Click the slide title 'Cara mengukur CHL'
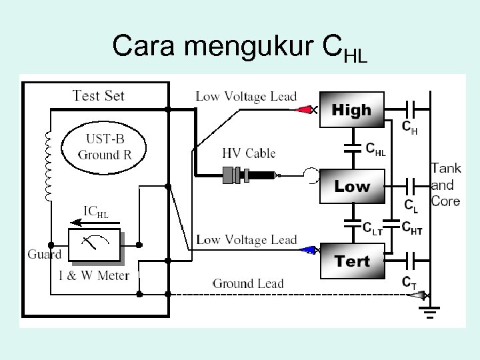pos(240,47)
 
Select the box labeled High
pos(351,110)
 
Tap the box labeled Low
pos(352,186)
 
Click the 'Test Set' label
pos(98,95)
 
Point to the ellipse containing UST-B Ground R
pos(104,147)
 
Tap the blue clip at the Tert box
pos(308,251)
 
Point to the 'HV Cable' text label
pos(248,153)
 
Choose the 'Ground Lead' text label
pos(248,283)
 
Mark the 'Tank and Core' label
pos(446,185)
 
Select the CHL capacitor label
pos(375,149)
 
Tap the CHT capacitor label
pos(411,227)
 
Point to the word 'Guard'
pos(45,254)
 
